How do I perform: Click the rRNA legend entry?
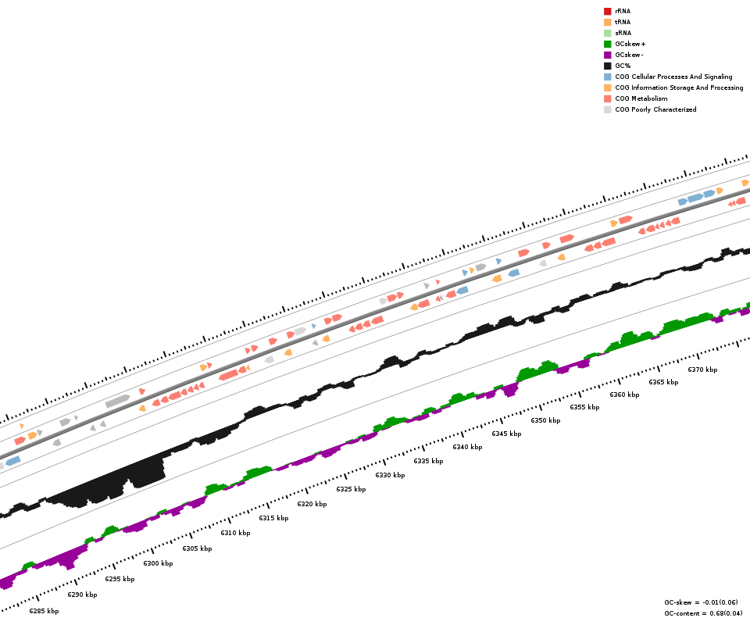[x=623, y=11]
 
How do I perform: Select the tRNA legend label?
[x=623, y=22]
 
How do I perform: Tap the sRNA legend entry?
[x=623, y=33]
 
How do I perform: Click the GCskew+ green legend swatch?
[x=607, y=44]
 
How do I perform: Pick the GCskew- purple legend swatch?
[x=607, y=55]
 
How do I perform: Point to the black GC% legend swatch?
[x=607, y=66]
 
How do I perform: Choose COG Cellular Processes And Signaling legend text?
[x=673, y=77]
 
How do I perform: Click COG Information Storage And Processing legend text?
[x=679, y=87]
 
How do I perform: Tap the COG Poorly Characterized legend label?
[x=655, y=109]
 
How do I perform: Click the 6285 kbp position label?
[x=44, y=611]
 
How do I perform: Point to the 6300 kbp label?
[x=158, y=563]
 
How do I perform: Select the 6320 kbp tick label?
[x=312, y=504]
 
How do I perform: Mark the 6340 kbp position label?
[x=467, y=447]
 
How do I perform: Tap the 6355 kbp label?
[x=584, y=407]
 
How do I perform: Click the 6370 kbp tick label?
[x=702, y=370]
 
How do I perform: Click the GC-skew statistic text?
[x=702, y=602]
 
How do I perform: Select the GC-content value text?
[x=702, y=613]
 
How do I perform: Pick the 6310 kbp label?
[x=235, y=533]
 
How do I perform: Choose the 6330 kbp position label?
[x=390, y=475]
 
